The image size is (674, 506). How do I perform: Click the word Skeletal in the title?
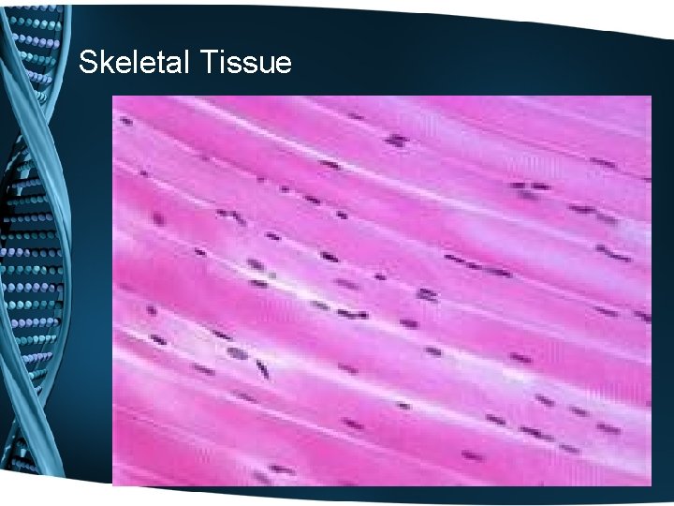[x=134, y=63]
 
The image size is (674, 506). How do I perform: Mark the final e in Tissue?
[x=281, y=66]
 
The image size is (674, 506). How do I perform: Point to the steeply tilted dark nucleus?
[x=263, y=368]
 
